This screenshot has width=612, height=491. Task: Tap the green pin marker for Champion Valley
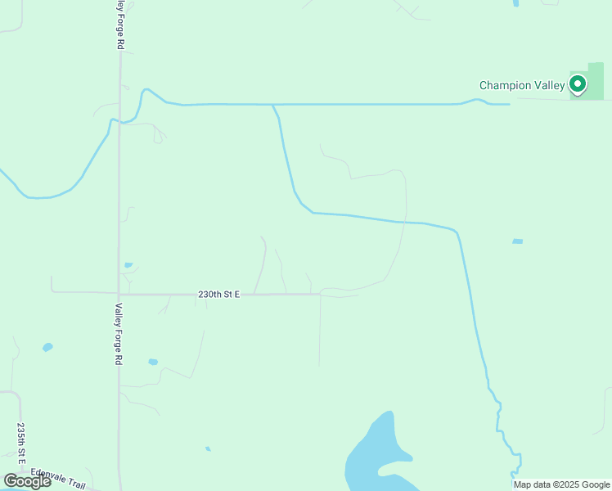tap(578, 83)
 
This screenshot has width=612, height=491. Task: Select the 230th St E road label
tap(218, 294)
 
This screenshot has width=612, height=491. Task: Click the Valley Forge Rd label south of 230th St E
tap(119, 334)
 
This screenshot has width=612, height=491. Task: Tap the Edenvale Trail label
tap(58, 479)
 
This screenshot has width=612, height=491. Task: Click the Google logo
tap(27, 481)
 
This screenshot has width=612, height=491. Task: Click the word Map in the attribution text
tap(522, 484)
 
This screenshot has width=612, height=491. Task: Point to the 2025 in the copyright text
tap(566, 484)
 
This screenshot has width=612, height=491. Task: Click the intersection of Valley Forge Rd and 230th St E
tap(119, 294)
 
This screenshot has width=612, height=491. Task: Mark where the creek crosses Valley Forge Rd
tap(119, 122)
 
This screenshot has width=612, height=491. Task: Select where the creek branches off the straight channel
tap(273, 105)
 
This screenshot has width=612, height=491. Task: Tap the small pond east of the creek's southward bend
tap(517, 241)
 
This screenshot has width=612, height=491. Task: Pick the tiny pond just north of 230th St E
tap(128, 265)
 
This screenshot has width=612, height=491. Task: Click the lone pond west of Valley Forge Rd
tap(47, 348)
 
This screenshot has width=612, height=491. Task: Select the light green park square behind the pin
tap(594, 74)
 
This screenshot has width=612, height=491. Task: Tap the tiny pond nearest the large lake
tap(208, 448)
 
